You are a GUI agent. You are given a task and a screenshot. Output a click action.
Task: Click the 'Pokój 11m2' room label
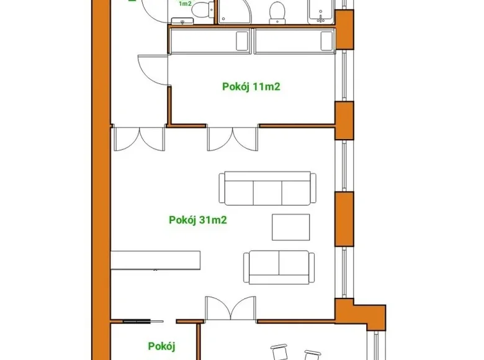pyautogui.click(x=251, y=87)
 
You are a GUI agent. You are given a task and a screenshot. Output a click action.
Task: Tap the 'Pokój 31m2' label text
pyautogui.click(x=197, y=219)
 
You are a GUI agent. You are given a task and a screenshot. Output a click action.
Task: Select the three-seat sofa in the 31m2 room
pyautogui.click(x=265, y=189)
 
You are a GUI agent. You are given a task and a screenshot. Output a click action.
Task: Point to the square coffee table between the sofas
pyautogui.click(x=290, y=227)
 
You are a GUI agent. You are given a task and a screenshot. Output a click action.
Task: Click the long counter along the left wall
pyautogui.click(x=156, y=259)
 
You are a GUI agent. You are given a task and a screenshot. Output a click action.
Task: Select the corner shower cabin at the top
pyautogui.click(x=234, y=11)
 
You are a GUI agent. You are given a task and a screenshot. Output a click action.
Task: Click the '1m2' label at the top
pyautogui.click(x=184, y=4)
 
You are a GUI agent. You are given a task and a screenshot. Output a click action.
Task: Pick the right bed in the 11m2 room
pyautogui.click(x=294, y=42)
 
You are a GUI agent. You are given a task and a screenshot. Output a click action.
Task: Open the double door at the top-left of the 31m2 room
pyautogui.click(x=139, y=139)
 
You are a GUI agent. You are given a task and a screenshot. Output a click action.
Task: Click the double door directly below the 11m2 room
pyautogui.click(x=233, y=139)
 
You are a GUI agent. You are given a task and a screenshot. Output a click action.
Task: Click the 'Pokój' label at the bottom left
pyautogui.click(x=162, y=346)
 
